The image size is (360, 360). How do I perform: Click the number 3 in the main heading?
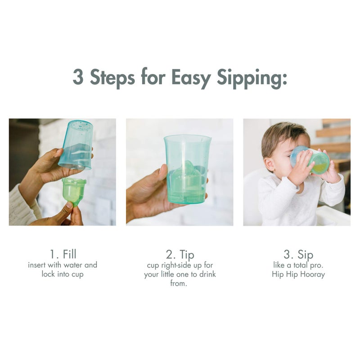[79, 77]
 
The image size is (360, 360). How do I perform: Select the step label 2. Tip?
[180, 254]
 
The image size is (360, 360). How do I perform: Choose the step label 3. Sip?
[298, 254]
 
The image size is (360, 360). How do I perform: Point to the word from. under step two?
[180, 284]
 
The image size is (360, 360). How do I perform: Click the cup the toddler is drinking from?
[312, 160]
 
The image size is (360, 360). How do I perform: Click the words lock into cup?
[62, 274]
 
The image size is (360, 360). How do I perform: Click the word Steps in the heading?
[112, 78]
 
